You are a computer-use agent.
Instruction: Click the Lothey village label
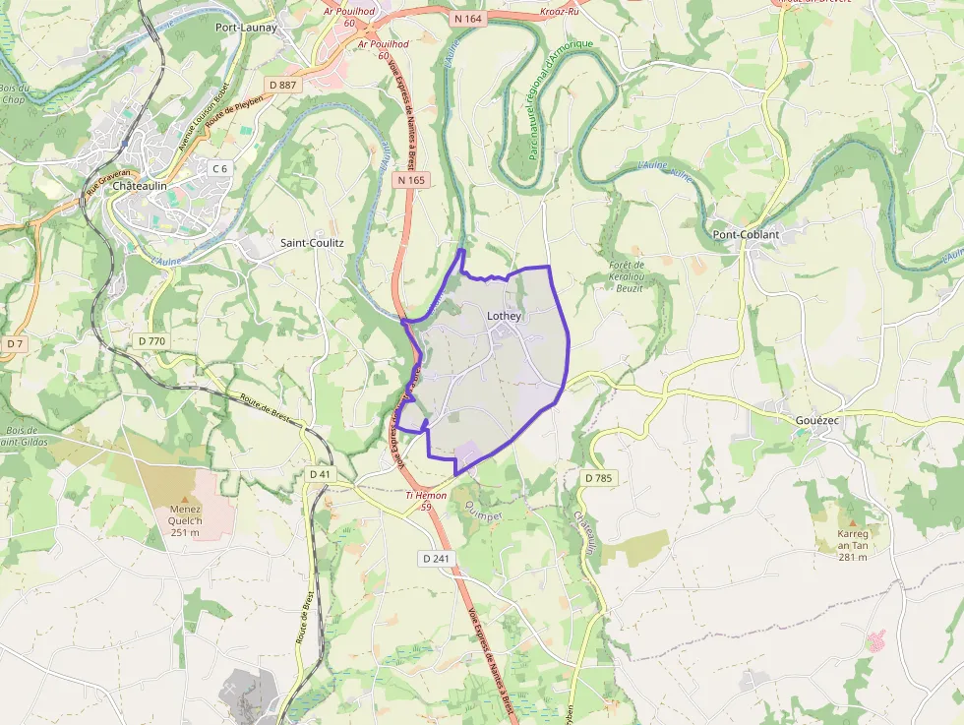click(504, 316)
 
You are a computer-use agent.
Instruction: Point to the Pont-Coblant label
click(745, 234)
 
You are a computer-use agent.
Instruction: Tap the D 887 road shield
click(287, 85)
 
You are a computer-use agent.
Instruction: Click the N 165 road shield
click(412, 180)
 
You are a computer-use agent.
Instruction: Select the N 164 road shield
click(467, 17)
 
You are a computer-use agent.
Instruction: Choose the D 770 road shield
click(151, 340)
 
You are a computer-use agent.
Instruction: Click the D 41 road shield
click(320, 474)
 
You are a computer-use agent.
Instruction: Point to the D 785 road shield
click(597, 478)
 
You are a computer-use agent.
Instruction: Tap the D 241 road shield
click(436, 559)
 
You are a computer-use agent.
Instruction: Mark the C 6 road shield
click(219, 168)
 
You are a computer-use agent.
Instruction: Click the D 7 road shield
click(14, 344)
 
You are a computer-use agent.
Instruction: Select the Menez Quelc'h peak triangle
click(186, 499)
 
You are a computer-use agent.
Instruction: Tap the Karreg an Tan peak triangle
click(852, 522)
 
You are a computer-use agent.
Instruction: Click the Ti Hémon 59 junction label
click(427, 501)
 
